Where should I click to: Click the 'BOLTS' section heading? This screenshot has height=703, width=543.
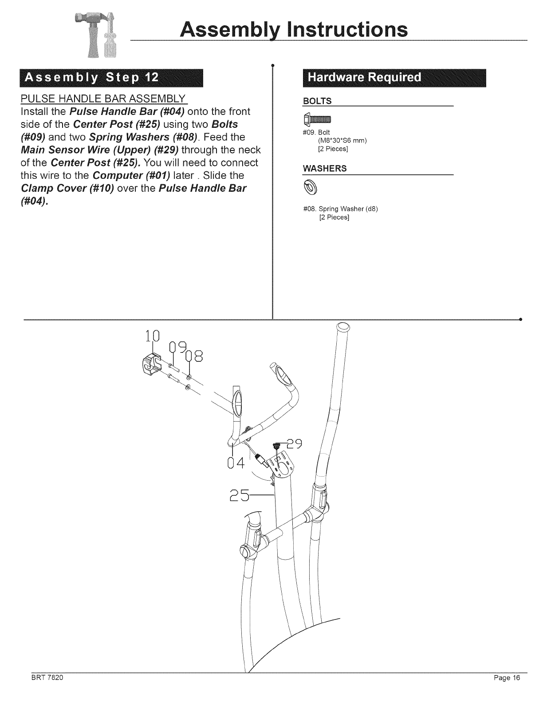(317, 102)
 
